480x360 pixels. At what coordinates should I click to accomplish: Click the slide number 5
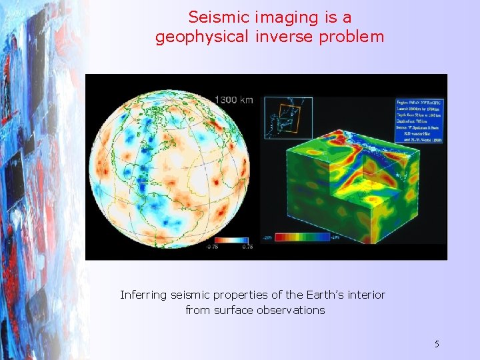tap(437, 344)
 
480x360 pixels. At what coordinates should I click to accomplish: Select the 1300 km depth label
tap(233, 100)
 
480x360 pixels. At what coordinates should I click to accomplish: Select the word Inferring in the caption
tap(143, 295)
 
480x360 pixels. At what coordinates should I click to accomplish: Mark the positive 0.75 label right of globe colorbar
tap(247, 247)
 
